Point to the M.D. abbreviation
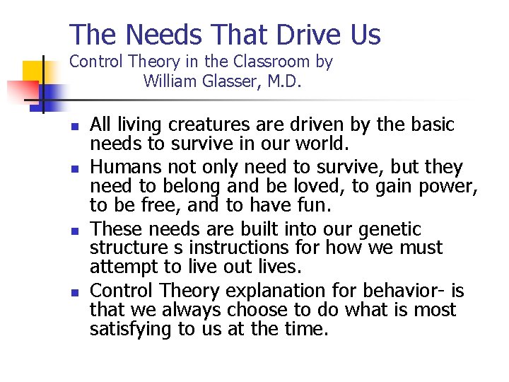(285, 81)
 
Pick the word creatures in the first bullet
(211, 125)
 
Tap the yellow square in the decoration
(33, 71)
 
